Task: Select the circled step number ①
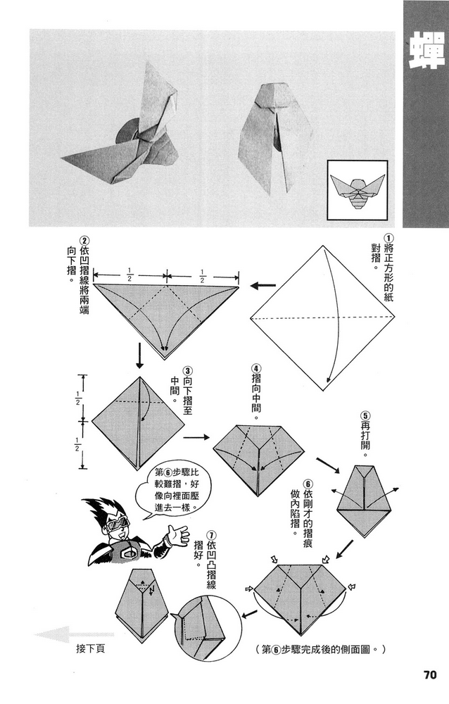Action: [388, 240]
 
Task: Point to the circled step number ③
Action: [187, 371]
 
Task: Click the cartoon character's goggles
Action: [117, 524]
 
